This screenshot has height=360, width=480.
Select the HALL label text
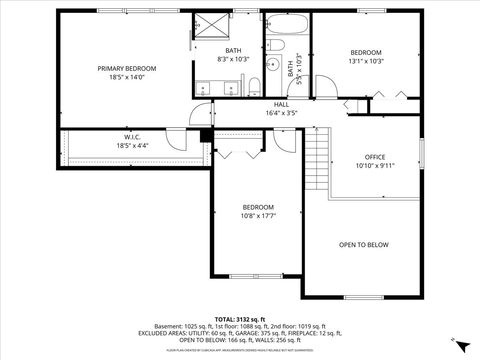click(284, 104)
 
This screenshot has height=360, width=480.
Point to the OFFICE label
click(374, 157)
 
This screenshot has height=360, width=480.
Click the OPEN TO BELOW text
click(363, 245)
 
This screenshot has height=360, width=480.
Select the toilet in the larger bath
click(255, 84)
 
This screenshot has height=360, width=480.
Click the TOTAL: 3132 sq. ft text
click(240, 316)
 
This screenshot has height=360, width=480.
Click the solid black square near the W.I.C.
click(205, 135)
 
